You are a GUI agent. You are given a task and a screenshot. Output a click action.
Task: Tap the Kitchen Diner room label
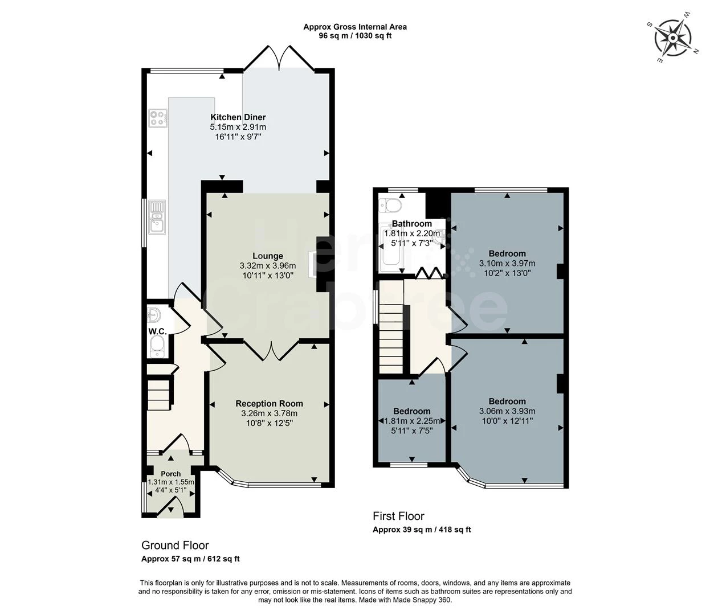238,117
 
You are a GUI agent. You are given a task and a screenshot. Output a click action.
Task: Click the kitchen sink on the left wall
157,218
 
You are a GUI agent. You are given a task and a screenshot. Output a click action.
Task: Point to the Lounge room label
268,256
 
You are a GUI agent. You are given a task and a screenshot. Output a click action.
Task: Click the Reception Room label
269,404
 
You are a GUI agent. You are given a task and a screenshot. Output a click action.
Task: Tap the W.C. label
157,331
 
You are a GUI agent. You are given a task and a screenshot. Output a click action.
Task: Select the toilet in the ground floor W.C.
157,346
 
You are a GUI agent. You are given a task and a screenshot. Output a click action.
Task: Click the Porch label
170,474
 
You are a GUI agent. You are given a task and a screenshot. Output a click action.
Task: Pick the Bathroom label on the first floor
411,224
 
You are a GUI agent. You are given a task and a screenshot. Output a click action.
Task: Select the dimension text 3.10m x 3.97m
507,264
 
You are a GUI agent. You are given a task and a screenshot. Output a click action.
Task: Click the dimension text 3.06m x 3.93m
507,411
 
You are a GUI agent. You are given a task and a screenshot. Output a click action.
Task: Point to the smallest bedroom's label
411,411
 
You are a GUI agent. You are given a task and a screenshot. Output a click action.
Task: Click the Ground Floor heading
175,546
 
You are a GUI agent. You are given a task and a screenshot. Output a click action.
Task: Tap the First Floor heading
398,516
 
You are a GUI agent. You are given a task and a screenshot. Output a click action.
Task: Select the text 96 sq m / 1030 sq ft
354,36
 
